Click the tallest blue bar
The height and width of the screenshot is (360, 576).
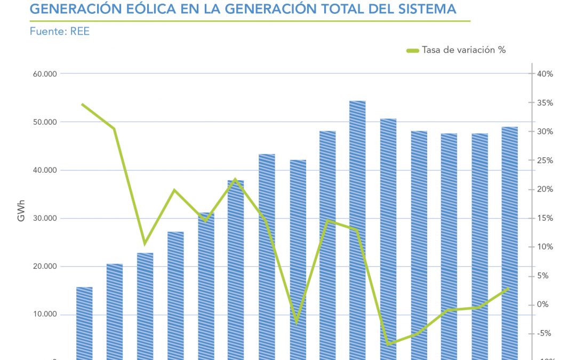[x=357, y=229]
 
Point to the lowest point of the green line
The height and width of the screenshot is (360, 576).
[x=388, y=345]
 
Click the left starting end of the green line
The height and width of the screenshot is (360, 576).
[x=82, y=104]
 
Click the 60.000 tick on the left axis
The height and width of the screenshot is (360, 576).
[x=45, y=74]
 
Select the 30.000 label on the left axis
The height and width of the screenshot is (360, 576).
[x=45, y=219]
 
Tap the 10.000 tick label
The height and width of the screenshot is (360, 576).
[x=45, y=315]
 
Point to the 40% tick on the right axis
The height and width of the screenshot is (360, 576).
[x=545, y=74]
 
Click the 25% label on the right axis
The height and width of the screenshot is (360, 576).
[x=545, y=161]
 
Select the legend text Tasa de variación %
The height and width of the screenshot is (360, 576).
[x=463, y=50]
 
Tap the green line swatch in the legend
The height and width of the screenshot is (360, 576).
[x=412, y=51]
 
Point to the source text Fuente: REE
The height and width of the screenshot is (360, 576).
[x=59, y=31]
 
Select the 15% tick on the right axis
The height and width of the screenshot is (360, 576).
[x=545, y=218]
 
